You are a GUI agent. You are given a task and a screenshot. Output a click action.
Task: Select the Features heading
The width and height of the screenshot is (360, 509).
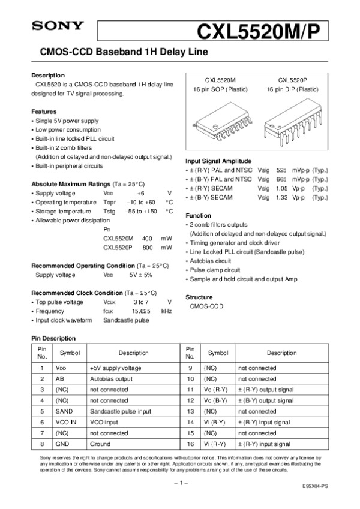tap(44, 112)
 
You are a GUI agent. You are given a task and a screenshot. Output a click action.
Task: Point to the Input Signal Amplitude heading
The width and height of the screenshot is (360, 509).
tap(218, 161)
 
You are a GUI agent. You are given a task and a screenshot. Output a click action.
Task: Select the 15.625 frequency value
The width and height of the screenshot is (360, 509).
tap(141, 311)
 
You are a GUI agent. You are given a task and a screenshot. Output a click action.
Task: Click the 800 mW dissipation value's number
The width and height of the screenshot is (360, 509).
tap(147, 247)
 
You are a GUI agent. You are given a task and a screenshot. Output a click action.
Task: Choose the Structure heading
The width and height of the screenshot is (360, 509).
tap(199, 297)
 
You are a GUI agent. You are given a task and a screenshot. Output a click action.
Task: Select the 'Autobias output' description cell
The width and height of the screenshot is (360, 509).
tap(111, 379)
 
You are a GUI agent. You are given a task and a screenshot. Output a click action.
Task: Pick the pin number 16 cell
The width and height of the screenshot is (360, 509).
tap(190, 444)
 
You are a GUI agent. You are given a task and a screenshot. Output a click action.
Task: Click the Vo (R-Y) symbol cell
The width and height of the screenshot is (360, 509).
tap(215, 390)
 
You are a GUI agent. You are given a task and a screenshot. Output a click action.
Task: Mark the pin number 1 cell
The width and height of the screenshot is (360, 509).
tap(42, 368)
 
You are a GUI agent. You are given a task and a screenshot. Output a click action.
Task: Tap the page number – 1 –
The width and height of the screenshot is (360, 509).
tap(179, 482)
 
